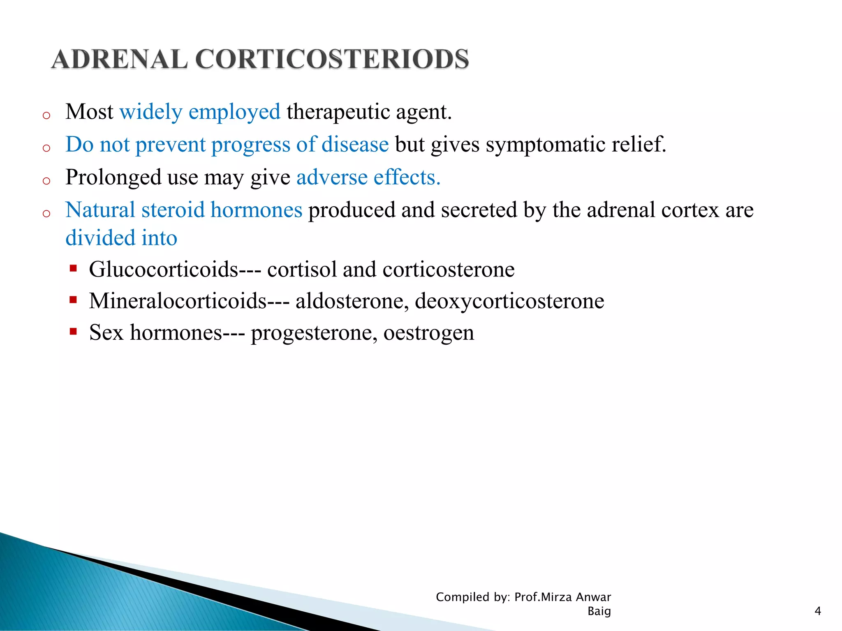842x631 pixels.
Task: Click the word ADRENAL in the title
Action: [x=120, y=59]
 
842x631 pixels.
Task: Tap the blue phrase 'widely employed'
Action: [x=200, y=112]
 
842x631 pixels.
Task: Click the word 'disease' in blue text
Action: [x=355, y=145]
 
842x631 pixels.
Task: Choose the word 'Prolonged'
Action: [x=113, y=177]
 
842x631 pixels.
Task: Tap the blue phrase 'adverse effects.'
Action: [x=368, y=177]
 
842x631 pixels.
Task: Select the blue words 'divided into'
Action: [x=121, y=238]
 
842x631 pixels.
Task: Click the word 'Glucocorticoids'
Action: [x=164, y=269]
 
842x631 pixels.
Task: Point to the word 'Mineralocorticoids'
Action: [x=178, y=301]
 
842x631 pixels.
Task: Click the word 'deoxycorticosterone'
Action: [x=509, y=301]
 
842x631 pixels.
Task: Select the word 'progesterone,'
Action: [x=314, y=332]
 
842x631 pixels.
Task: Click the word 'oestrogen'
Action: [x=428, y=332]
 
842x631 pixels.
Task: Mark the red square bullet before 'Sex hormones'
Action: [x=74, y=331]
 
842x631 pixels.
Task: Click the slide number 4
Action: [x=817, y=611]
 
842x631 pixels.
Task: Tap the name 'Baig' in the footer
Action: [x=599, y=611]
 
